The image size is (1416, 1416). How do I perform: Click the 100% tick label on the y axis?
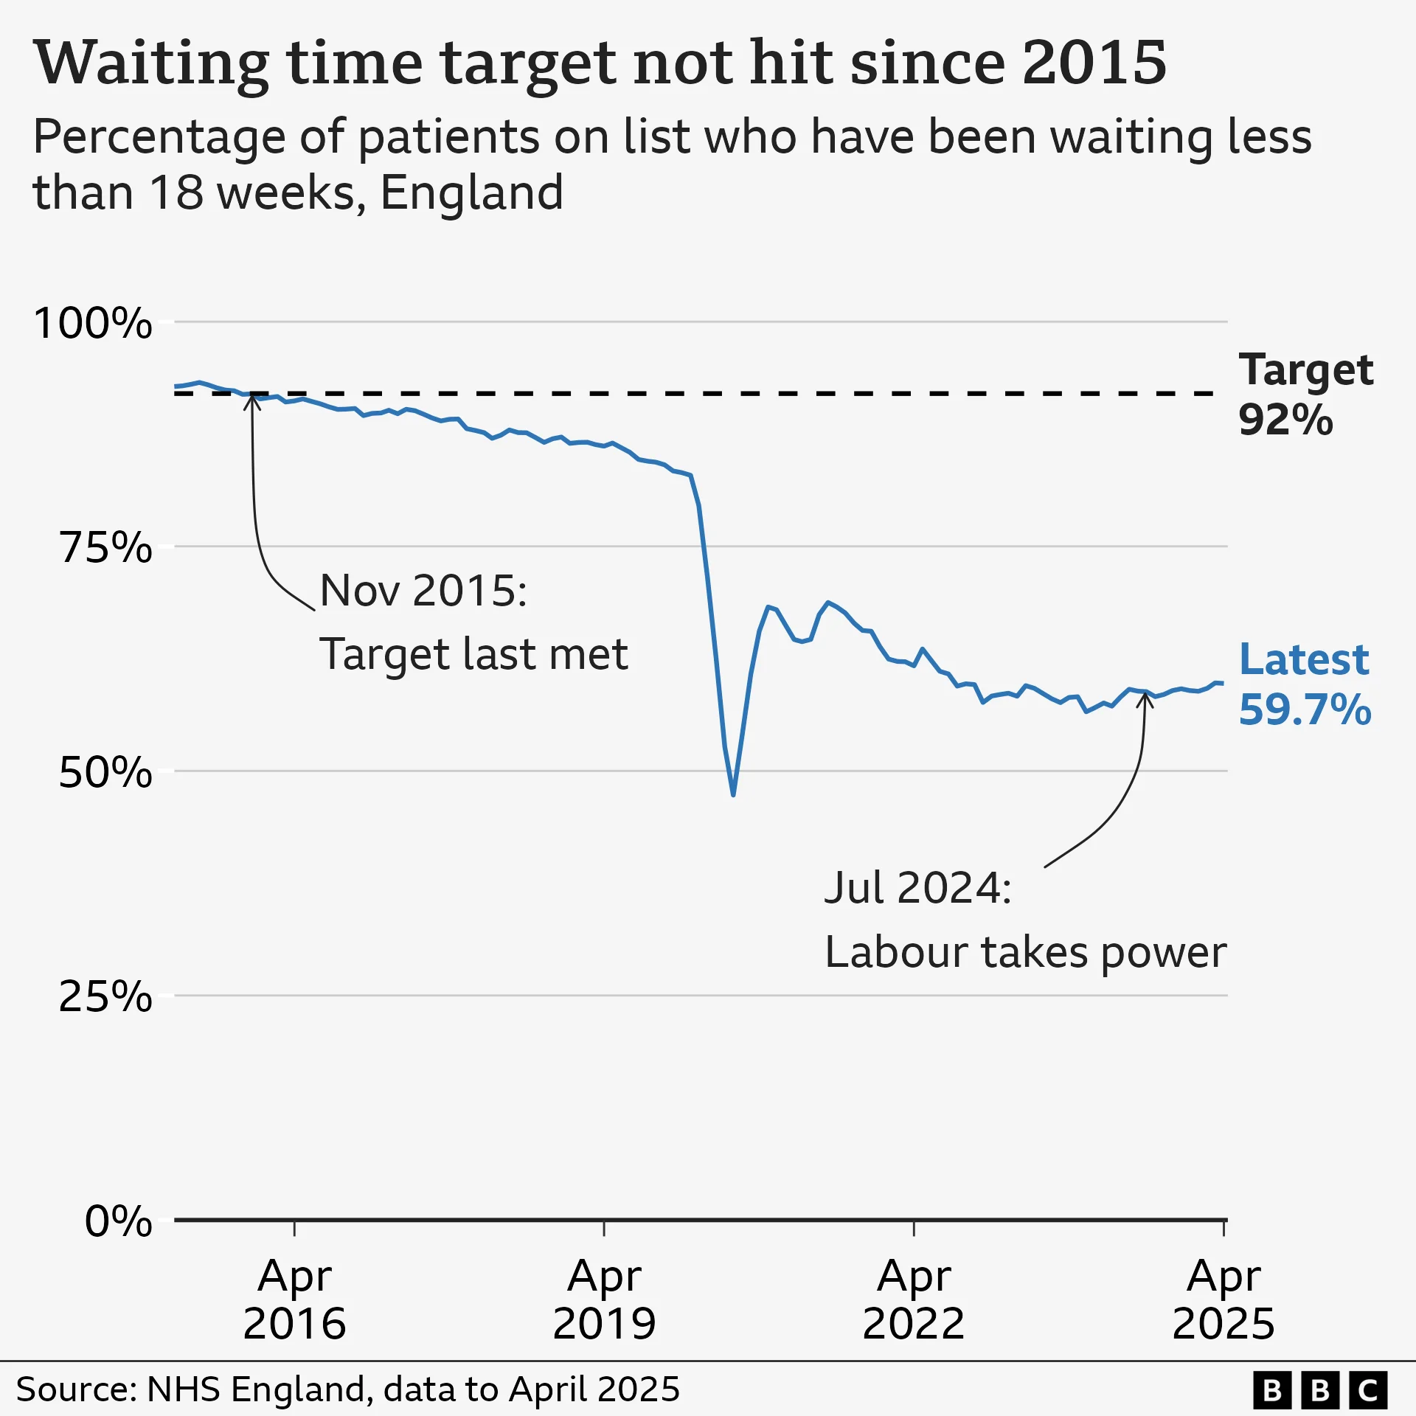point(93,323)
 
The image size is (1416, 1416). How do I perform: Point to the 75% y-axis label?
point(105,548)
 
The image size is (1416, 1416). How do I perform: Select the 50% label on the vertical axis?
point(105,773)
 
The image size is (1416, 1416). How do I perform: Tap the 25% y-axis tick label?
point(105,997)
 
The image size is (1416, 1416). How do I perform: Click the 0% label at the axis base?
point(118,1221)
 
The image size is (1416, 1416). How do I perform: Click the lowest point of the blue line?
point(733,795)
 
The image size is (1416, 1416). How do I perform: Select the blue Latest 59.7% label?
point(1304,684)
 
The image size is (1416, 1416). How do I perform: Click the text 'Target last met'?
point(473,654)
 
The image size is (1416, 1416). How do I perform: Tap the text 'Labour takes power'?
point(1025,952)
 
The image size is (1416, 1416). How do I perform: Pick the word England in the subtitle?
point(472,193)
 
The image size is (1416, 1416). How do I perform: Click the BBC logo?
point(1320,1390)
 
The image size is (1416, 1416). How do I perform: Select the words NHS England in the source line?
point(257,1389)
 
